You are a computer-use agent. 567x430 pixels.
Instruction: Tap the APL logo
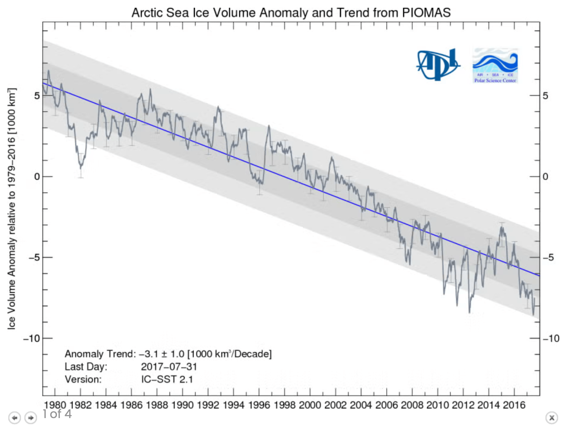438,65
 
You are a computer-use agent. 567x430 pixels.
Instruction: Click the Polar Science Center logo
495,66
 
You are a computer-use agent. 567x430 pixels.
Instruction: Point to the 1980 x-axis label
55,405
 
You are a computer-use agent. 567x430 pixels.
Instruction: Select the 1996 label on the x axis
259,405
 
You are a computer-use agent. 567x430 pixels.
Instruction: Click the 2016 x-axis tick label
514,405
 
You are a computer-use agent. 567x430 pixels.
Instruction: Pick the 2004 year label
361,405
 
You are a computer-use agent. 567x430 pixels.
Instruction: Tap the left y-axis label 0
37,177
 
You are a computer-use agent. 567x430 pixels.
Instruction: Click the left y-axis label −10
32,339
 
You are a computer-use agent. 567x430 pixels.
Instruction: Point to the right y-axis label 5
545,96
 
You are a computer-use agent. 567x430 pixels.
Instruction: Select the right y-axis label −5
548,258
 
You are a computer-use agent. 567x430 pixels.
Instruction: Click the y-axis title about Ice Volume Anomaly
11,208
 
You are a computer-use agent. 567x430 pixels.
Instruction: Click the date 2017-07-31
169,367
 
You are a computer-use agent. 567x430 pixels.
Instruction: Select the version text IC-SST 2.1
167,379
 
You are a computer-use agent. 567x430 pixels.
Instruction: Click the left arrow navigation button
15,418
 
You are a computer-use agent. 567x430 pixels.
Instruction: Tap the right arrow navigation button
30,418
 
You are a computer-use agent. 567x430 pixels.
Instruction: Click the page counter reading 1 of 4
57,414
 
